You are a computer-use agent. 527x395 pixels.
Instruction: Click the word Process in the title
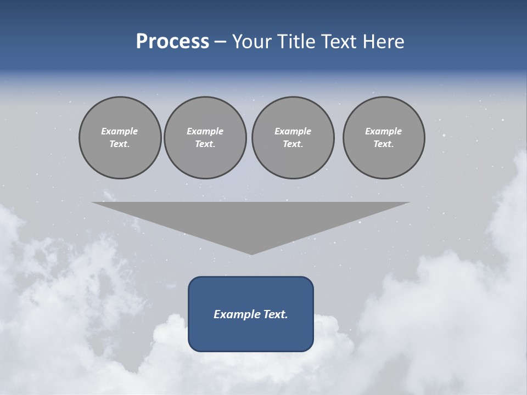coord(172,42)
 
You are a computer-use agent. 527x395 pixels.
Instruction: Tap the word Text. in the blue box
coord(273,314)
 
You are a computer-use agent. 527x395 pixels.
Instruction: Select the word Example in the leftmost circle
coord(120,131)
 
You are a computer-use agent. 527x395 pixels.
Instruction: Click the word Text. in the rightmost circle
coord(384,144)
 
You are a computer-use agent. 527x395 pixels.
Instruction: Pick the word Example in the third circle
coord(293,131)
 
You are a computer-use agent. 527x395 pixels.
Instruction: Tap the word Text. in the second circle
coord(205,144)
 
